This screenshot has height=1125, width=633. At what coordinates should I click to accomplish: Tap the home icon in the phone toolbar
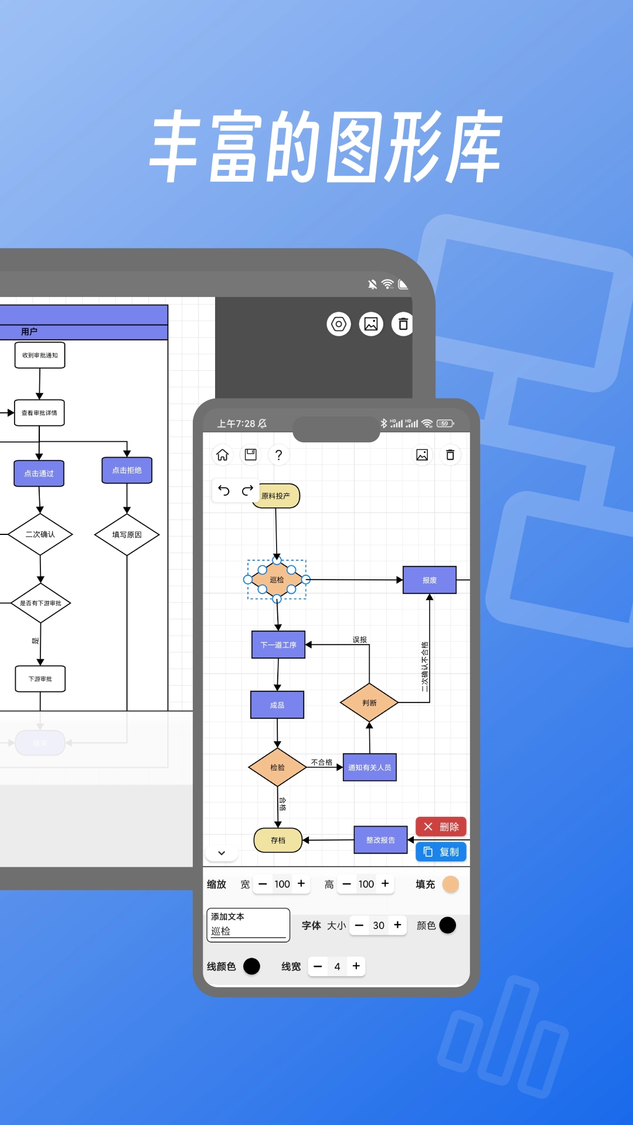pyautogui.click(x=223, y=455)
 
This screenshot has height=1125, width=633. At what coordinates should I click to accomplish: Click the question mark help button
pyautogui.click(x=278, y=455)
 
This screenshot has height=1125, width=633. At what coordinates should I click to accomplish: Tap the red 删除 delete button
pyautogui.click(x=441, y=827)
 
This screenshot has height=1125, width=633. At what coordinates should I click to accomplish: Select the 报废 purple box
pyautogui.click(x=430, y=580)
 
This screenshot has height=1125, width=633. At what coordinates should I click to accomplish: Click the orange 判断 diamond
pyautogui.click(x=369, y=703)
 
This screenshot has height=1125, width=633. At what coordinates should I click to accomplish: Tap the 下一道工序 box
pyautogui.click(x=278, y=645)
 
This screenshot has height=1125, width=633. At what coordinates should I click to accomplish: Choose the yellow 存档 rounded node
pyautogui.click(x=278, y=840)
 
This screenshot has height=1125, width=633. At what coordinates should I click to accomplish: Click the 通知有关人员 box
pyautogui.click(x=369, y=767)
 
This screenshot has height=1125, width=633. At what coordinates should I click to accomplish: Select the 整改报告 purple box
pyautogui.click(x=380, y=840)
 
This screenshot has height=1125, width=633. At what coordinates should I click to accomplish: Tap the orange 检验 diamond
pyautogui.click(x=277, y=767)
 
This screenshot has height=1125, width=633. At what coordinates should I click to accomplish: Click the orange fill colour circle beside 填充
pyautogui.click(x=451, y=884)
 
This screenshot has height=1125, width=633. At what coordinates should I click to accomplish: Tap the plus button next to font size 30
pyautogui.click(x=397, y=925)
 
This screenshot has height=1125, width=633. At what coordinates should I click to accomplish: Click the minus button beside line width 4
pyautogui.click(x=318, y=966)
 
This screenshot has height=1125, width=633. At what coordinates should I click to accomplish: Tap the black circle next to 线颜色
pyautogui.click(x=251, y=966)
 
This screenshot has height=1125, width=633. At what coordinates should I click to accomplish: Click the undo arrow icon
pyautogui.click(x=224, y=490)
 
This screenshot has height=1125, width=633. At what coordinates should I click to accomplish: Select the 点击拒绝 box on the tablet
pyautogui.click(x=127, y=471)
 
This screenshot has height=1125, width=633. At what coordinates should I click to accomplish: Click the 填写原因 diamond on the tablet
pyautogui.click(x=127, y=534)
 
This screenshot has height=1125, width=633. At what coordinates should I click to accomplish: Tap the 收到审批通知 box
pyautogui.click(x=40, y=355)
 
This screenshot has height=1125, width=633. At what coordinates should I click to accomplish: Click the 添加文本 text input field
pyautogui.click(x=248, y=925)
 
